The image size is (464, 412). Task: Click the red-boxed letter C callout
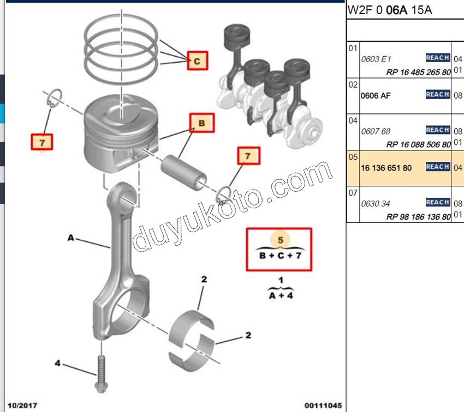(197, 61)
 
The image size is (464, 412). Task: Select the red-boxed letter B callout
(201, 124)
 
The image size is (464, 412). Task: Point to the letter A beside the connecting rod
(70, 238)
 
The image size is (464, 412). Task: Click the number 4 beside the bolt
(57, 362)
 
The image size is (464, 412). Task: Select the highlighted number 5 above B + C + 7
(281, 240)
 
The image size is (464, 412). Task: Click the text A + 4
(281, 296)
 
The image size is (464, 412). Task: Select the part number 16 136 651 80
(386, 168)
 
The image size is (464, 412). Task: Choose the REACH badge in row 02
(437, 95)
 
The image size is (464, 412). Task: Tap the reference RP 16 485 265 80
(418, 72)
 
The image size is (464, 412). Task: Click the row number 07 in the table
(353, 192)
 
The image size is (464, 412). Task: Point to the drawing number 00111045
(323, 405)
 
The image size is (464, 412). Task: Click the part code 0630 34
(376, 204)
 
